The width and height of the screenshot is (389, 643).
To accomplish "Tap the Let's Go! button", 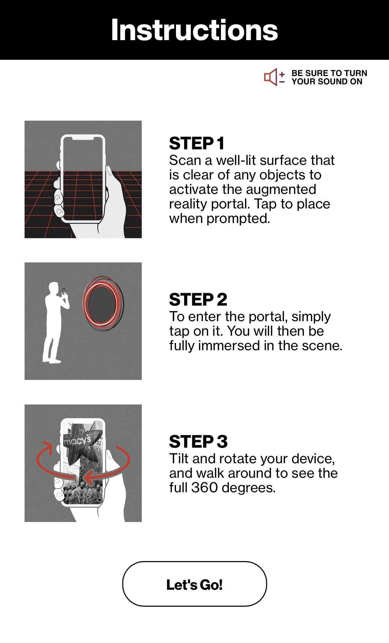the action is pos(194,584).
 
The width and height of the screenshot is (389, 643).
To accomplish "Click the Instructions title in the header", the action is pos(194,30).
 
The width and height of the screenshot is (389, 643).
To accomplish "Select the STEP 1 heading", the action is pos(197,143).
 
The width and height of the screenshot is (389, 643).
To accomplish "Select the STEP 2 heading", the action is pos(198,299).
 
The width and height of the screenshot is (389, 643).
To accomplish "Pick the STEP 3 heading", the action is pos(198,442).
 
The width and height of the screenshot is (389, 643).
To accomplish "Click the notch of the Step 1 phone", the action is pos(83,138).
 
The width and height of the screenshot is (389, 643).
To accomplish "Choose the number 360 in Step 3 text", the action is pos(205,488).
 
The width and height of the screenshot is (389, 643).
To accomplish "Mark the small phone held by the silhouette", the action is pos(64,291).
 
